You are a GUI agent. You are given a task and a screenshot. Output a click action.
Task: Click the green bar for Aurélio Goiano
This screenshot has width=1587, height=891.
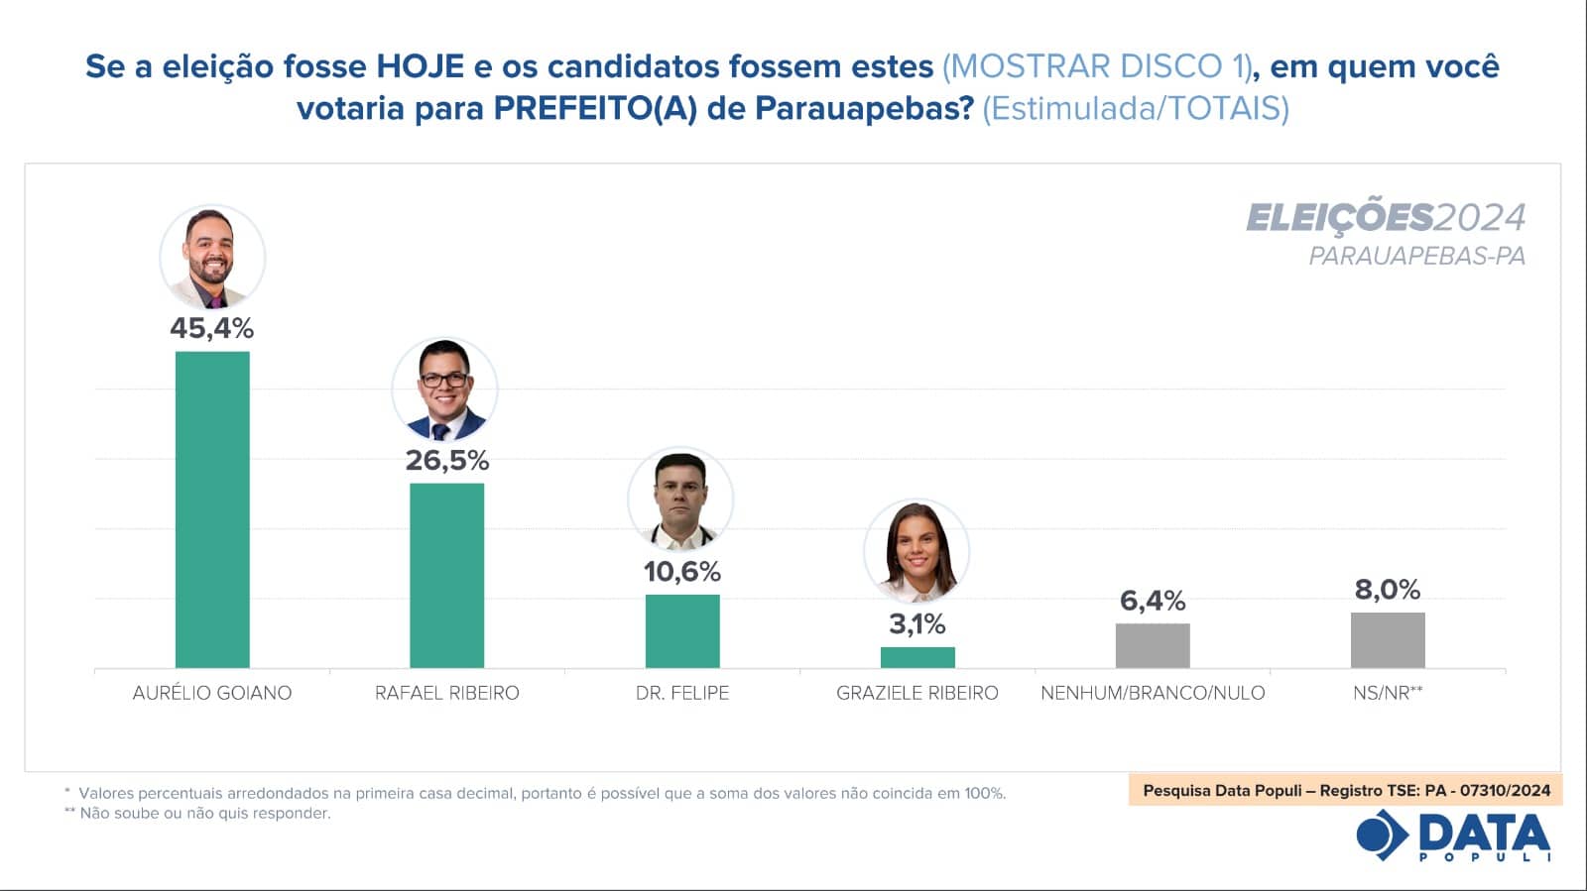[x=212, y=509]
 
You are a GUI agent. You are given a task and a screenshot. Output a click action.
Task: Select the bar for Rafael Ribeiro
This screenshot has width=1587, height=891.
[x=447, y=575]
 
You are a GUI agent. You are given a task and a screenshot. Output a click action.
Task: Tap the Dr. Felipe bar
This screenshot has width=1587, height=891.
[x=682, y=631]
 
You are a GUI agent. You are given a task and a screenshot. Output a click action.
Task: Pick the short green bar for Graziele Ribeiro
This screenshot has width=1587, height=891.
[x=917, y=657]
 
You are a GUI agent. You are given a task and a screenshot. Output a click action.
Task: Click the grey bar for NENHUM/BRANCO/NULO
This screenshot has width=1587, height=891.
[x=1153, y=645]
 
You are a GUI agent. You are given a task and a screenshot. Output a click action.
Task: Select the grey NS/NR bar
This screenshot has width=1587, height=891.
[x=1388, y=640]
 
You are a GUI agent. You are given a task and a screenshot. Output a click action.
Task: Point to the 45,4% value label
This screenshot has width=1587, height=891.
[x=212, y=328]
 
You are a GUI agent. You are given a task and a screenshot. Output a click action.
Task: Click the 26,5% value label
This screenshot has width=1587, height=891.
[x=447, y=461]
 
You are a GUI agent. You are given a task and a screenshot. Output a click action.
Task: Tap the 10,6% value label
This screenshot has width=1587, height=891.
[x=682, y=572]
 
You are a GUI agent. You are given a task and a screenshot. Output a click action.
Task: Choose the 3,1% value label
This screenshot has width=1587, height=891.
[x=917, y=624]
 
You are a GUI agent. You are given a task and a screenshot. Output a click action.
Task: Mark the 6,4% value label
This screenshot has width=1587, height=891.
[x=1153, y=601]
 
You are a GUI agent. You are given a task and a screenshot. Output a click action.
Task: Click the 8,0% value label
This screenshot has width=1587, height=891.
[x=1388, y=590]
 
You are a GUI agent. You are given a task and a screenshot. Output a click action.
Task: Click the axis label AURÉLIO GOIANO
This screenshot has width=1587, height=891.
[x=212, y=693]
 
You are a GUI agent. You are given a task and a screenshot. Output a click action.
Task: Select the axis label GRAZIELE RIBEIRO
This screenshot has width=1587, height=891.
[x=917, y=693]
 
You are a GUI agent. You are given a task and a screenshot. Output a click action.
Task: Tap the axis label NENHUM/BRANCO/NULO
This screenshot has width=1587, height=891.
[x=1153, y=693]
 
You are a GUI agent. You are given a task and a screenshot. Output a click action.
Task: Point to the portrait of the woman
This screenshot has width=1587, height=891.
[x=916, y=551]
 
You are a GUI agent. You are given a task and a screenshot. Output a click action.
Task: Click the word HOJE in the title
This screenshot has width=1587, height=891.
[x=420, y=66]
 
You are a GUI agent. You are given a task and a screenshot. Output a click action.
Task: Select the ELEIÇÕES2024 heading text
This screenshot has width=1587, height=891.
[x=1386, y=217]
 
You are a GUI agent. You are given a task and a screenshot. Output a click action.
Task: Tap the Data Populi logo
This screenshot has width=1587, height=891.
[x=1454, y=835]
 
